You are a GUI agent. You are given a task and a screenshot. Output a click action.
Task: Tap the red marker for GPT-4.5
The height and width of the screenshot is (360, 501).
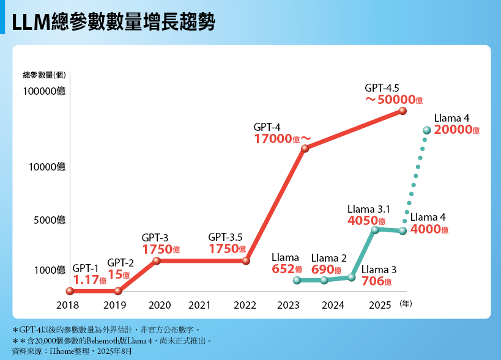pos(403,111)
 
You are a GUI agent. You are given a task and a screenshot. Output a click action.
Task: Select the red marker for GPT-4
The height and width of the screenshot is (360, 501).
pos(305,148)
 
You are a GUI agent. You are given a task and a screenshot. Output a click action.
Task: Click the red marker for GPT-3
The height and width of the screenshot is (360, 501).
pos(157,260)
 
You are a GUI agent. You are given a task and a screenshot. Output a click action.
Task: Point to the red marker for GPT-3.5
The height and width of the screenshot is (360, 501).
pos(246,260)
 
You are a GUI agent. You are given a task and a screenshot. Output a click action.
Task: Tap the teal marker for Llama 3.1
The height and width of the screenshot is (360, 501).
pos(375,230)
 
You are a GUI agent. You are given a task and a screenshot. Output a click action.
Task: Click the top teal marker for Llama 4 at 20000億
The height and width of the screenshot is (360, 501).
pos(427,130)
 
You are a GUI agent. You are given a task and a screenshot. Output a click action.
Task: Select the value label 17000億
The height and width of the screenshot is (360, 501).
pos(281,139)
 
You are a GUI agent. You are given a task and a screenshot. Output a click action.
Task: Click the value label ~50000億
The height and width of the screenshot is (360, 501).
pos(394,99)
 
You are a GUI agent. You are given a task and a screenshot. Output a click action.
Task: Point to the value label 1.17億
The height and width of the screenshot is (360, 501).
pos(90,281)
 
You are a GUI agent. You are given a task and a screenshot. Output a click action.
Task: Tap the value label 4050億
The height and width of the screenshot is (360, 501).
pos(366,221)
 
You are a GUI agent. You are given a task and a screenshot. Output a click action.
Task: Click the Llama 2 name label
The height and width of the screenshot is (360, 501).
pos(328,258)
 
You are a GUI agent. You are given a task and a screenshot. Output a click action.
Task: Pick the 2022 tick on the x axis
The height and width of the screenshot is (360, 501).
pos(245,305)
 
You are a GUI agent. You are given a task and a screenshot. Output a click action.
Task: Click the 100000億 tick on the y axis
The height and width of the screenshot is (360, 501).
pos(44,92)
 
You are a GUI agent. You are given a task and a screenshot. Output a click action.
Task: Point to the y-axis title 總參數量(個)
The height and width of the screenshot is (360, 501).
pos(44,75)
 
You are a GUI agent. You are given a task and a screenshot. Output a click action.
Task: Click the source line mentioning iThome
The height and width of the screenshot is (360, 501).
pos(72,351)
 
